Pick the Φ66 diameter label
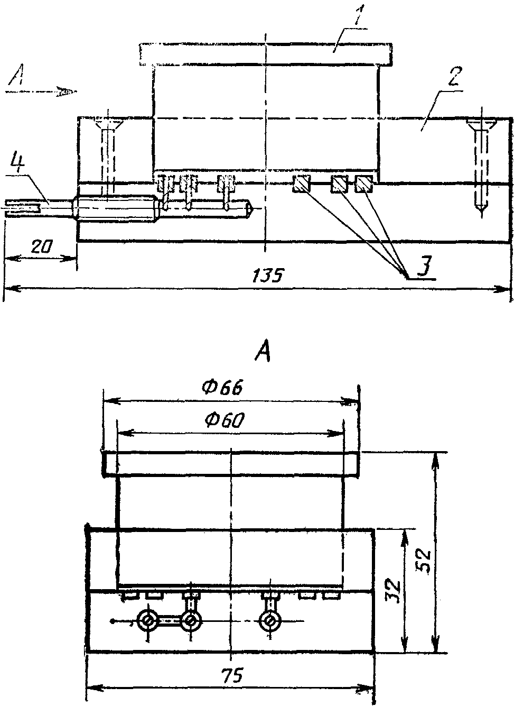(223, 388)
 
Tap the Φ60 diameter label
(224, 420)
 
